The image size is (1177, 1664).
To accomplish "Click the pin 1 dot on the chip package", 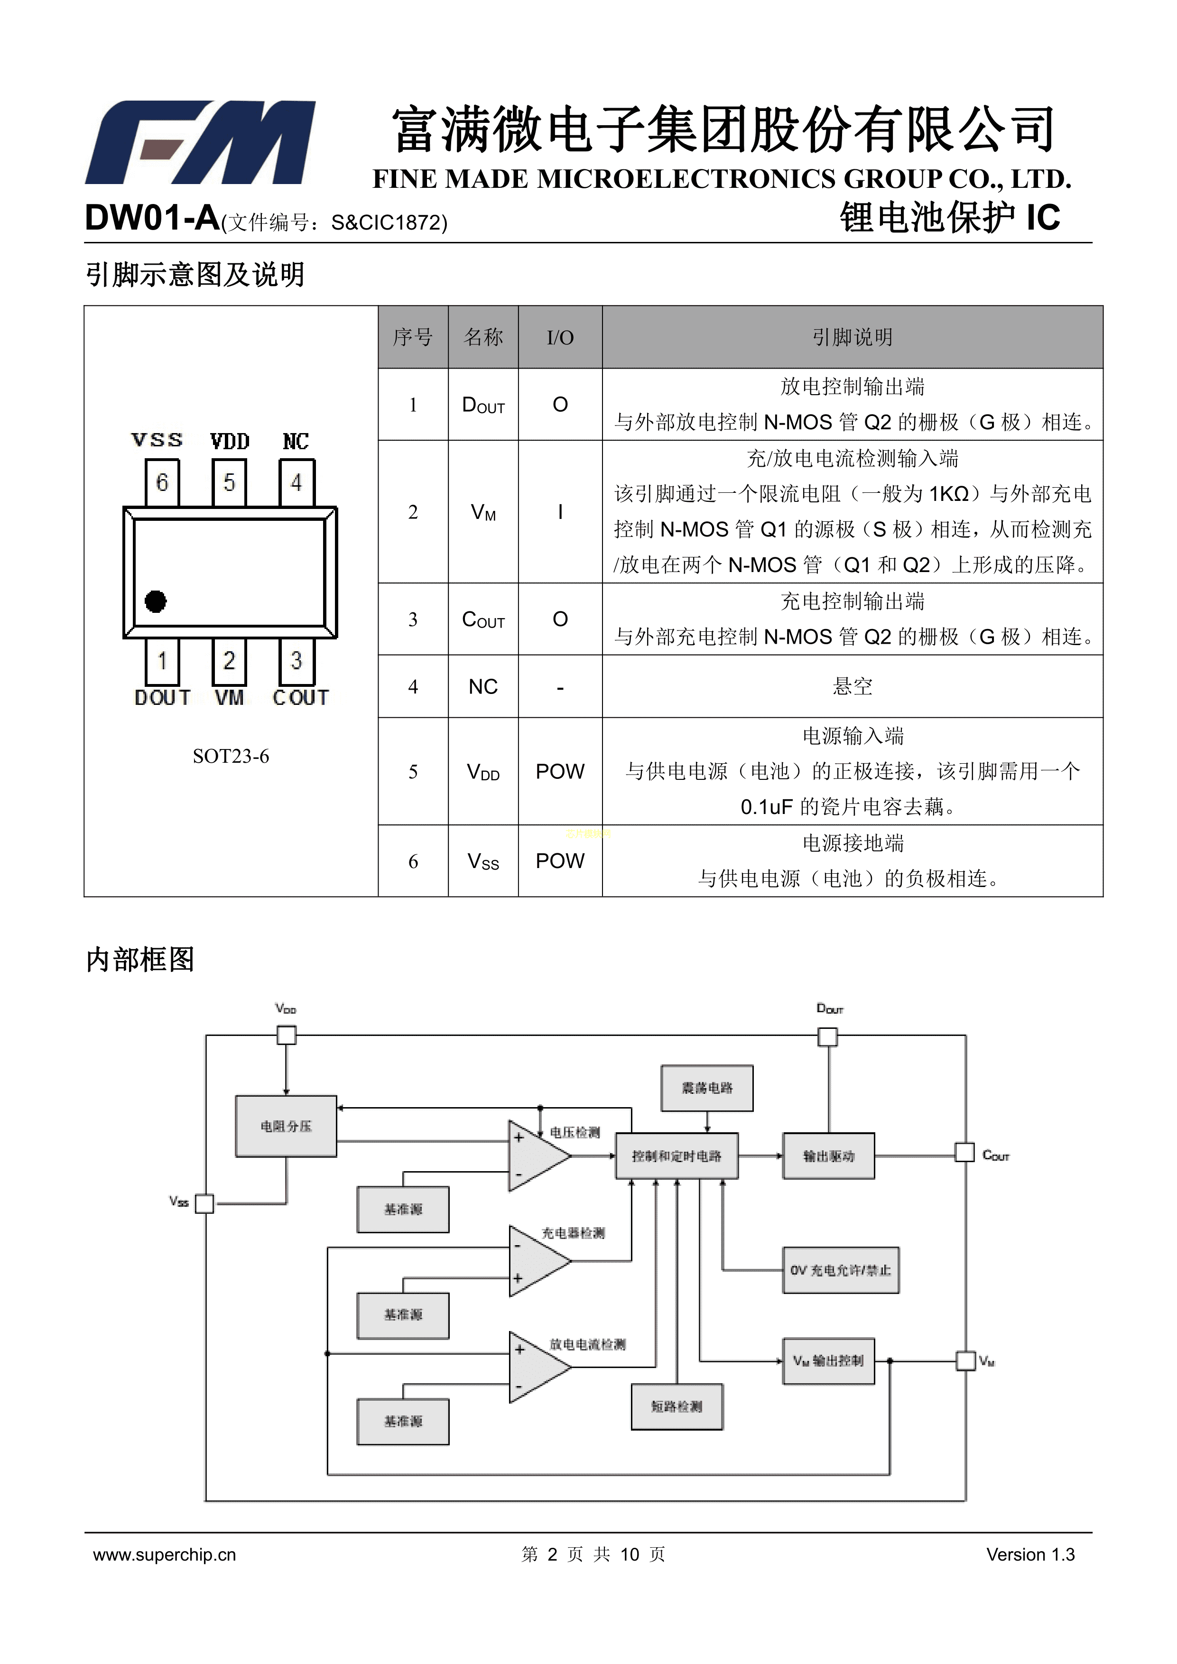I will pos(156,601).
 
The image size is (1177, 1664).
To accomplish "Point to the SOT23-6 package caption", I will pos(231,756).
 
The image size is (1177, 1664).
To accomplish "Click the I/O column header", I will pos(559,337).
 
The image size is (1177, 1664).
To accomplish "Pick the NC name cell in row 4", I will pos(482,686).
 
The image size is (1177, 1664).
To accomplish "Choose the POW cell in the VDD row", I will pos(559,771).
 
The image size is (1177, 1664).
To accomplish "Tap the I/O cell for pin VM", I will pos(559,512).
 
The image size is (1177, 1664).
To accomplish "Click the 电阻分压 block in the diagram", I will pos(286,1126).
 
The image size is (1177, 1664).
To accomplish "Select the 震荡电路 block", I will pos(707,1088).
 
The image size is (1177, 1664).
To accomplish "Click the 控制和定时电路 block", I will pos(676,1156).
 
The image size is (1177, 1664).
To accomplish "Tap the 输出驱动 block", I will pos(828,1156).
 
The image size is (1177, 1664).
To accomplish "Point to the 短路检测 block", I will pos(676,1406).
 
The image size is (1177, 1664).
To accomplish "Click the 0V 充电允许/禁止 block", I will pos(840,1270).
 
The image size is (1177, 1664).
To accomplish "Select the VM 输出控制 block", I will pos(828,1360).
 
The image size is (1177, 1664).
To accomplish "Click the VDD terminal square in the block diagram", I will pos(287,1035).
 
